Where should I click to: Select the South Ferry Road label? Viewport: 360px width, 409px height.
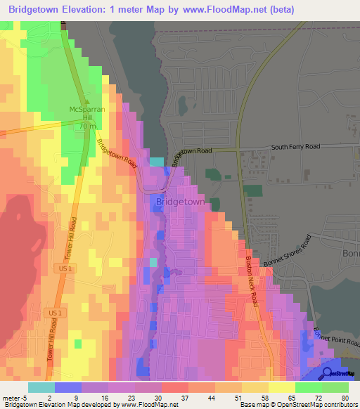pos(295,147)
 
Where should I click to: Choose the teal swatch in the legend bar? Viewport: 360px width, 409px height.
pos(41,387)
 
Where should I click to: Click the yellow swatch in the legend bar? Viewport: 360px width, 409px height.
pos(281,387)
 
